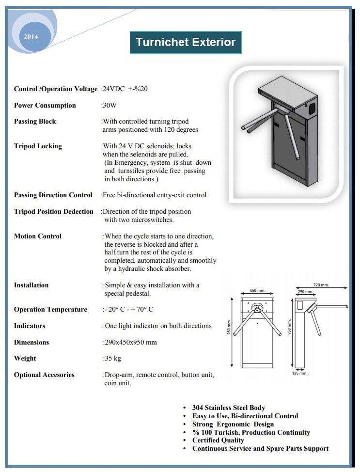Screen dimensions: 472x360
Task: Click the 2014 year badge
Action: coord(30,37)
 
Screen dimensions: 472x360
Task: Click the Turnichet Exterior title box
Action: coord(186,42)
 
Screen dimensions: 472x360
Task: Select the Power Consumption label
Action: coord(45,105)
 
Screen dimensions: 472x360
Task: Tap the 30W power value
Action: coord(110,105)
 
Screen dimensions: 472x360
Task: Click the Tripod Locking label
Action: coord(38,146)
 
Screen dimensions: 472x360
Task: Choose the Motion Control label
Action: coord(38,236)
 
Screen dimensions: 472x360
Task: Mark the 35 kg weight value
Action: coord(112,358)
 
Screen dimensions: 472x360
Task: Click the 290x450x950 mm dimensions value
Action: coord(130,342)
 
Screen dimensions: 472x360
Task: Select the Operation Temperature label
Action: coord(50,309)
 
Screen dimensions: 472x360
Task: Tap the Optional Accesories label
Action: coord(44,375)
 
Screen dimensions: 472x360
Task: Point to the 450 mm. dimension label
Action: coord(257,291)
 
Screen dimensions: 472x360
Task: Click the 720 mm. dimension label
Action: coord(321,285)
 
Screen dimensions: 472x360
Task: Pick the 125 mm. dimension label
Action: coord(299,373)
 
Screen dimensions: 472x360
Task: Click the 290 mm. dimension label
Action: coord(305,292)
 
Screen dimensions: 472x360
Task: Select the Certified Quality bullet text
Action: coord(218,440)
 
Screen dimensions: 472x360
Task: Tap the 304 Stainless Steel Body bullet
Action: coord(229,408)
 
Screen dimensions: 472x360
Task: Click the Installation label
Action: coord(31,285)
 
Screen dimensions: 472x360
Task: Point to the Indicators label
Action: coord(30,326)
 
